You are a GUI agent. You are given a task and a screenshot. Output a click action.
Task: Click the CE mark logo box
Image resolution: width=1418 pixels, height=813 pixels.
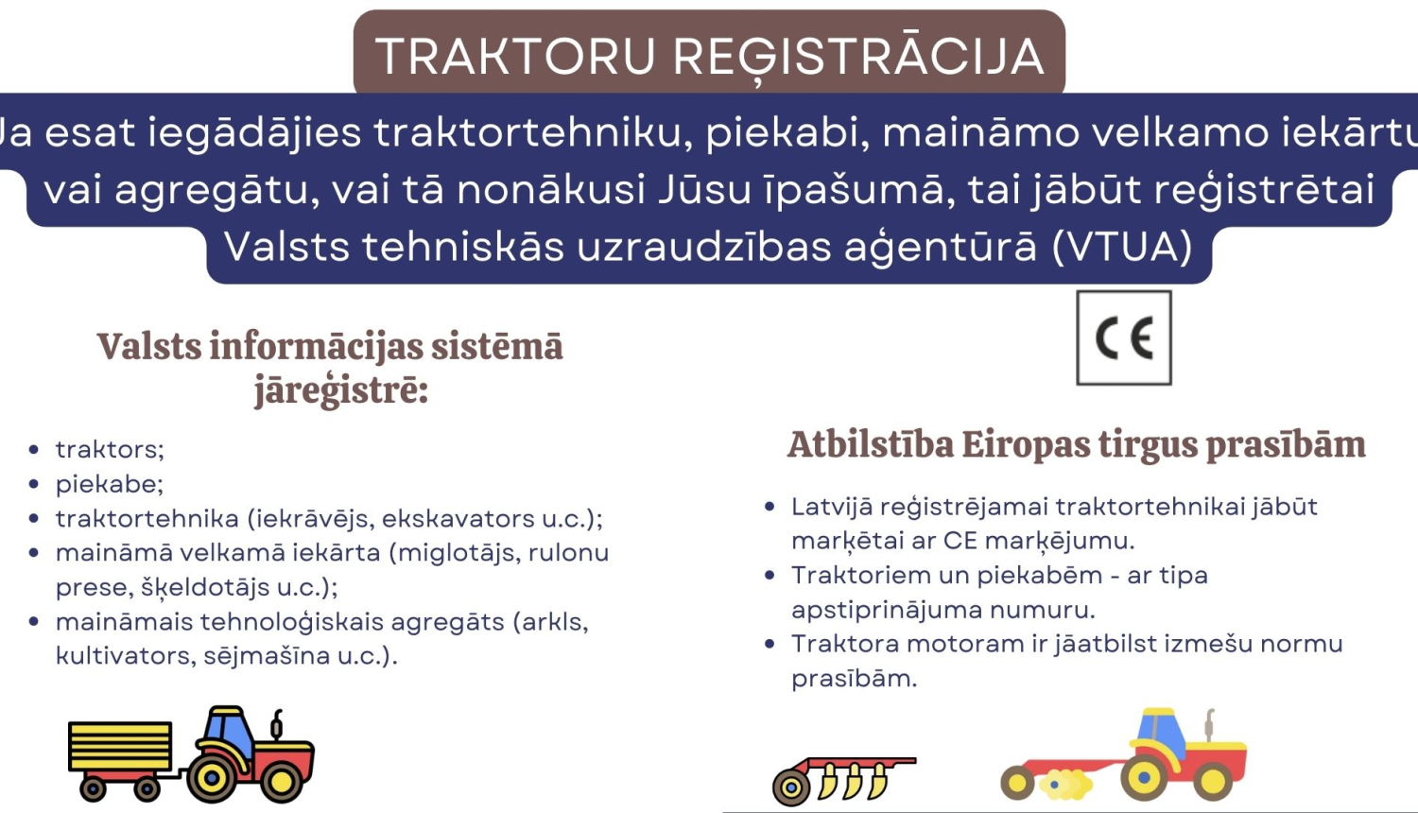pos(1124,337)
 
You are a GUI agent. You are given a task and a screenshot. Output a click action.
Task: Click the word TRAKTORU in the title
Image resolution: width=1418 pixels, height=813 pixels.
pos(515,56)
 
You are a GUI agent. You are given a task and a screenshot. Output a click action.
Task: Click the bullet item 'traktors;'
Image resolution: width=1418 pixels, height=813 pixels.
pos(110,449)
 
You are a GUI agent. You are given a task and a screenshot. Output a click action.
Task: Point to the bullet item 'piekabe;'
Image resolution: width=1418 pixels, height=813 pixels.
pos(110,484)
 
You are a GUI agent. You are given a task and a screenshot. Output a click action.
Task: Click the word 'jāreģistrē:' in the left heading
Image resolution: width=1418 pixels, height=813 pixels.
pos(341,390)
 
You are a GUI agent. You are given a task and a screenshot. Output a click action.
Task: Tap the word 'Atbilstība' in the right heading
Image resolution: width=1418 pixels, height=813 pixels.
pos(871,444)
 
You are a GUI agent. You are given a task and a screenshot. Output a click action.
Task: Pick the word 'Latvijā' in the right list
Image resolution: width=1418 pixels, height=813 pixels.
pos(832,507)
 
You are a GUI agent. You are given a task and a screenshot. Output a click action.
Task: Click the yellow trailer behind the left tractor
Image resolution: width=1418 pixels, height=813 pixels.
pos(120,747)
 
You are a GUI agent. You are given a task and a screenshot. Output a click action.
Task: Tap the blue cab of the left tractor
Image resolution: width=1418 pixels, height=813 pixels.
pos(226,729)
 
